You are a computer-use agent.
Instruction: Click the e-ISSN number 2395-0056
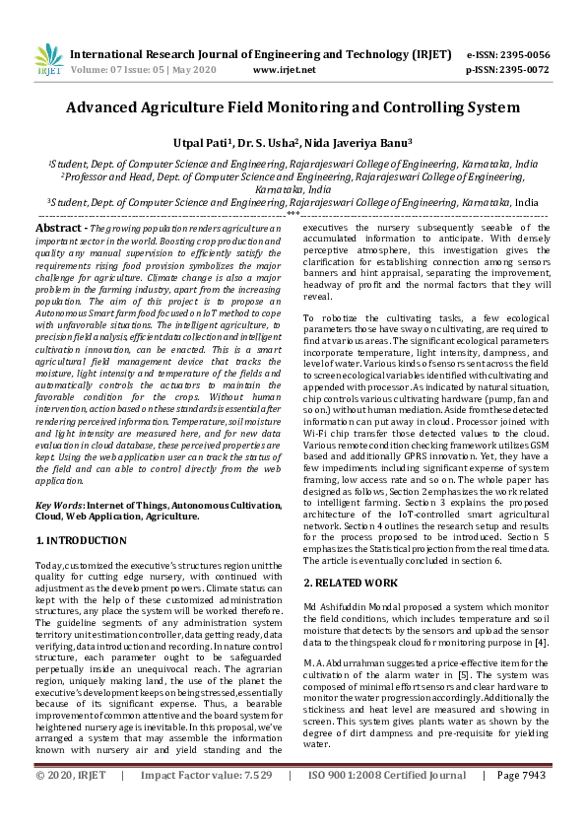click(527, 54)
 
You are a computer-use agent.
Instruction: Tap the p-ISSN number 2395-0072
click(527, 70)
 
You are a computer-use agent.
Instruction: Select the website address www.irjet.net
click(285, 70)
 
